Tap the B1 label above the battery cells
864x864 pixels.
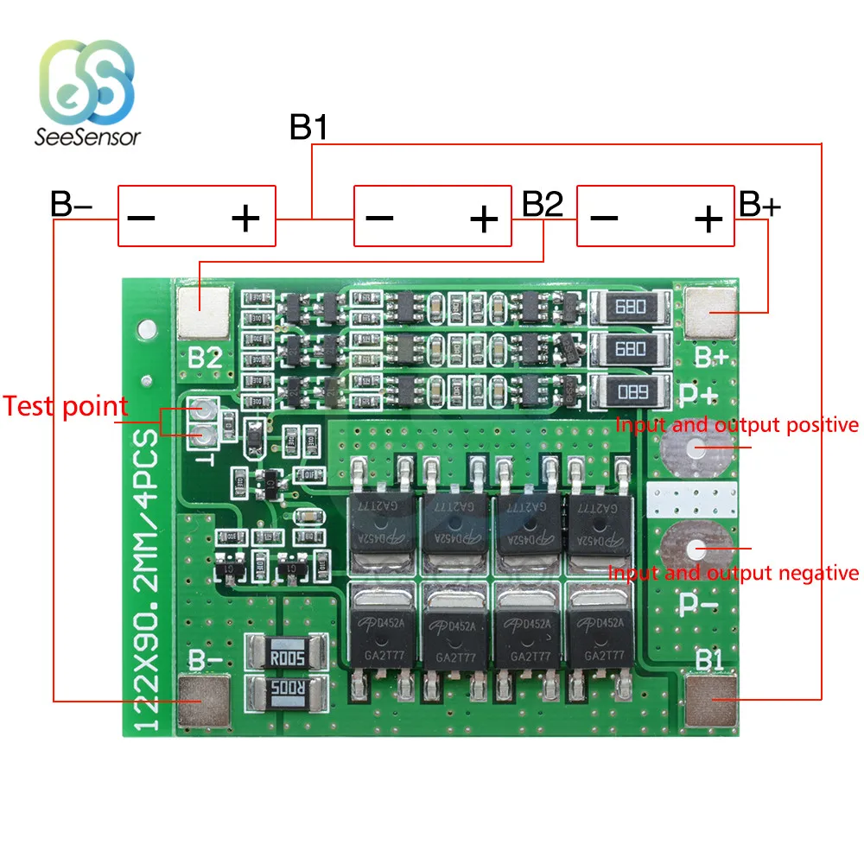coord(308,128)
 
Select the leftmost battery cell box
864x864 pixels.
coord(196,217)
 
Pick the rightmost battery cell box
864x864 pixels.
coord(655,217)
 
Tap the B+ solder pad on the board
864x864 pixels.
coord(709,312)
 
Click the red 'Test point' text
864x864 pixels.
coord(66,406)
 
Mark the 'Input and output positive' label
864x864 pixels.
coord(737,425)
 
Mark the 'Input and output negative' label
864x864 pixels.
coord(734,572)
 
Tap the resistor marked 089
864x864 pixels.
coord(630,391)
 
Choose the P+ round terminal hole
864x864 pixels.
coord(696,448)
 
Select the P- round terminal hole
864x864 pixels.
coord(696,548)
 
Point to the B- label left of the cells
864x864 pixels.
coord(71,205)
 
